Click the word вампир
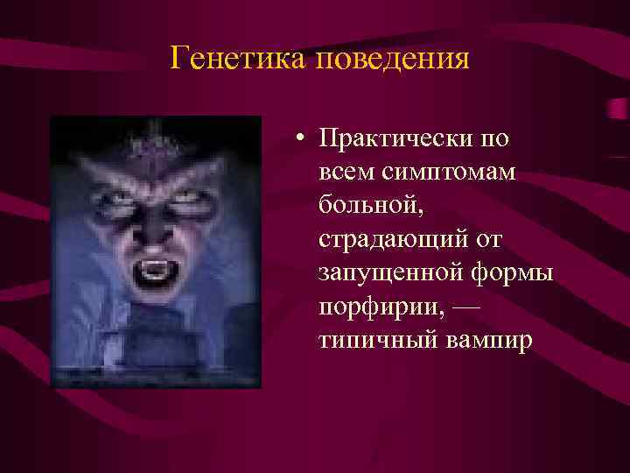pos(488,340)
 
